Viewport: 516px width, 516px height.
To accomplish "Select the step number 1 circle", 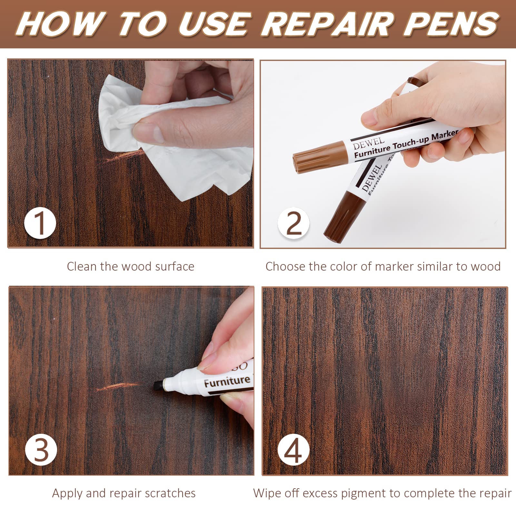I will [x=40, y=223].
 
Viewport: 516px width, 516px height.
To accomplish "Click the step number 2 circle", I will [x=293, y=223].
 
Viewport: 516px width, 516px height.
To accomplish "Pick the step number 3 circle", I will [x=41, y=450].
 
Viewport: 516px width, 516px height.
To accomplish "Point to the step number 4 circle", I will [x=293, y=450].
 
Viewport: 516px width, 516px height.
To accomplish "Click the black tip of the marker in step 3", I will [x=158, y=386].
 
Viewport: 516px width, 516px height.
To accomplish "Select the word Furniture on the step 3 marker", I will [x=227, y=382].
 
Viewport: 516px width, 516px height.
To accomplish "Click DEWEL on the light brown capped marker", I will [x=368, y=143].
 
